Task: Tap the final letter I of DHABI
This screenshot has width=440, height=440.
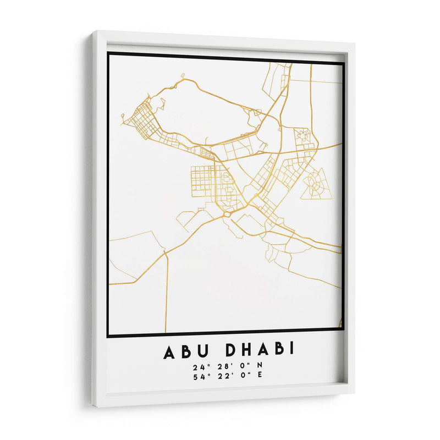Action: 291,349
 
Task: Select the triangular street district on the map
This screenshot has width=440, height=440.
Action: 316,185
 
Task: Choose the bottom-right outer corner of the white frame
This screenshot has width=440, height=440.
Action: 354,392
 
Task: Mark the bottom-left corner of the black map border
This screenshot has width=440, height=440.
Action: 109,335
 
